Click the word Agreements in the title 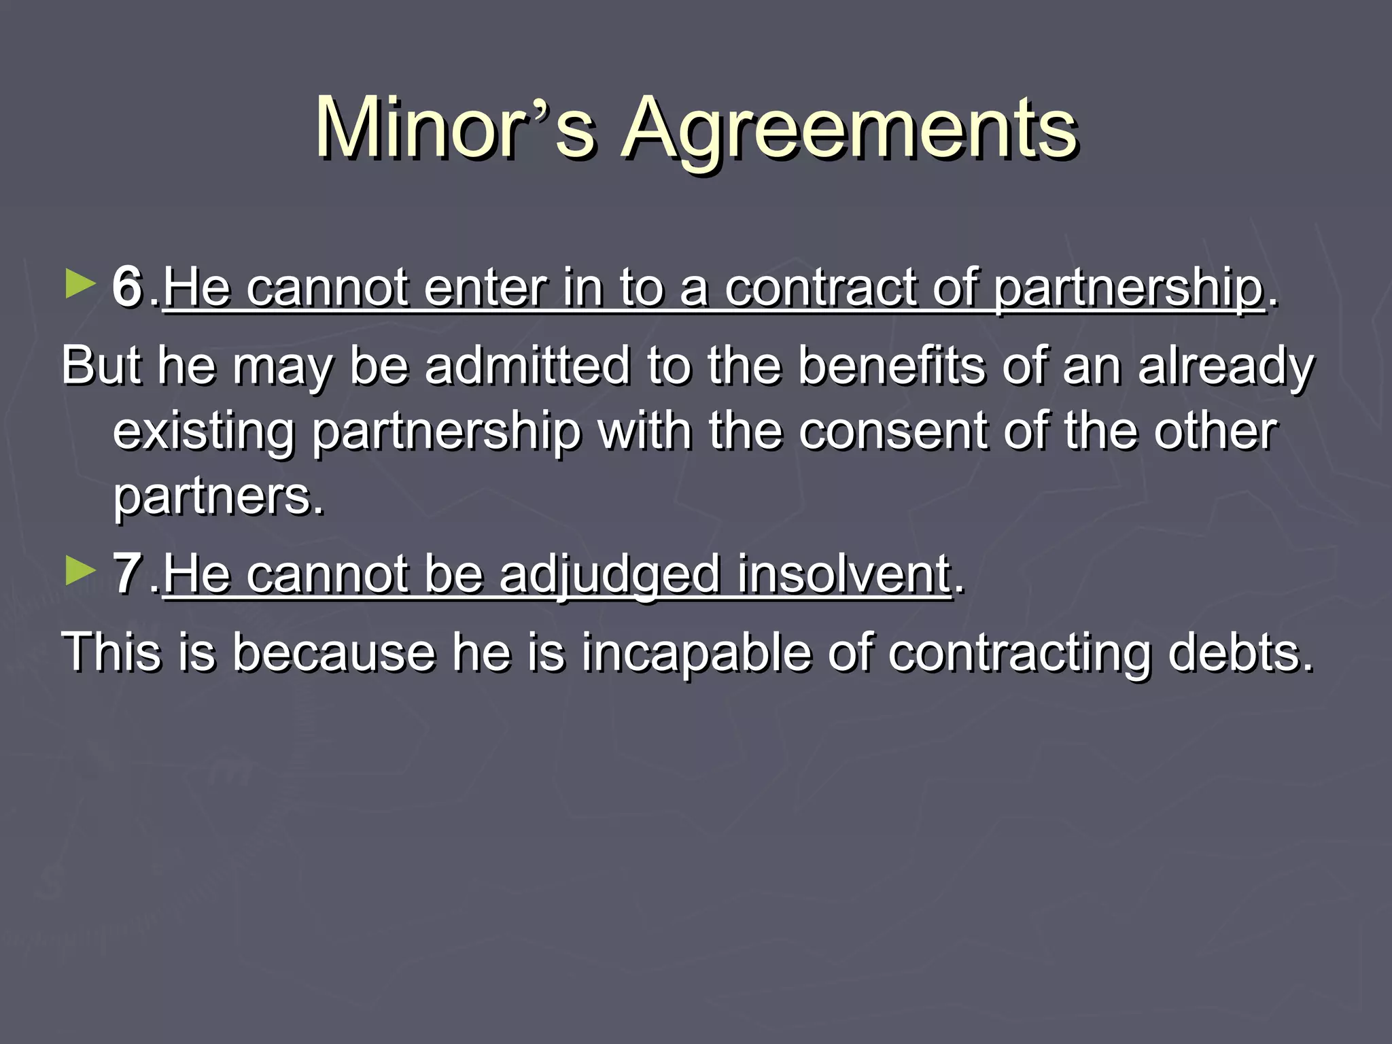point(850,129)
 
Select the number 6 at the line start point(127,287)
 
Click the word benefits point(891,366)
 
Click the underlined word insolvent point(843,575)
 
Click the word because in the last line point(333,652)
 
